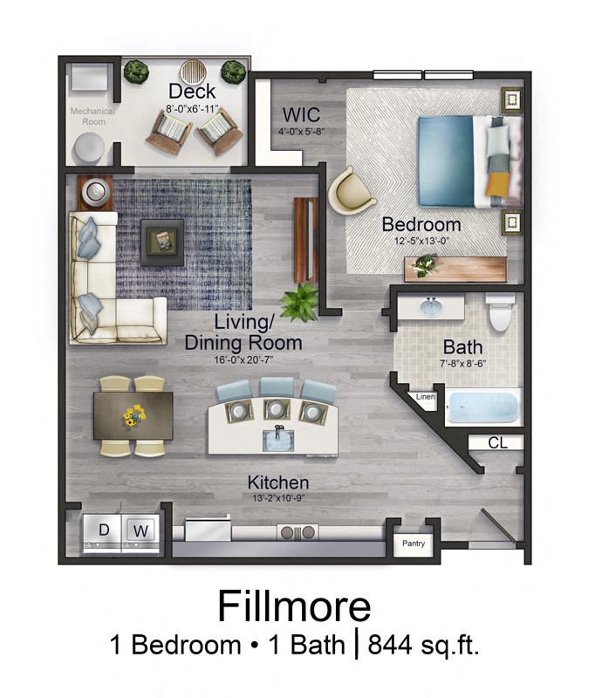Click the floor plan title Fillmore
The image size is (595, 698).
(x=294, y=606)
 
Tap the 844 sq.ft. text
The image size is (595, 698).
(x=424, y=646)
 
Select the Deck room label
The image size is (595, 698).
(x=192, y=91)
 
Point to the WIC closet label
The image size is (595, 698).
(x=300, y=115)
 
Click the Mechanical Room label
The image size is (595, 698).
(x=87, y=116)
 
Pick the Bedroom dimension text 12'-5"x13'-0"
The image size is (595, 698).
(x=421, y=241)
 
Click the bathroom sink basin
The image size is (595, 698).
(x=430, y=308)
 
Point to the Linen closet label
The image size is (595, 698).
(x=426, y=397)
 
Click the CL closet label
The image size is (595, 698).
(x=496, y=443)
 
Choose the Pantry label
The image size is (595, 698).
(x=414, y=544)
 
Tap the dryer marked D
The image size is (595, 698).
(x=104, y=530)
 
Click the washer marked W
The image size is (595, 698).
(x=140, y=530)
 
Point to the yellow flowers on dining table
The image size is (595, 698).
(x=133, y=414)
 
